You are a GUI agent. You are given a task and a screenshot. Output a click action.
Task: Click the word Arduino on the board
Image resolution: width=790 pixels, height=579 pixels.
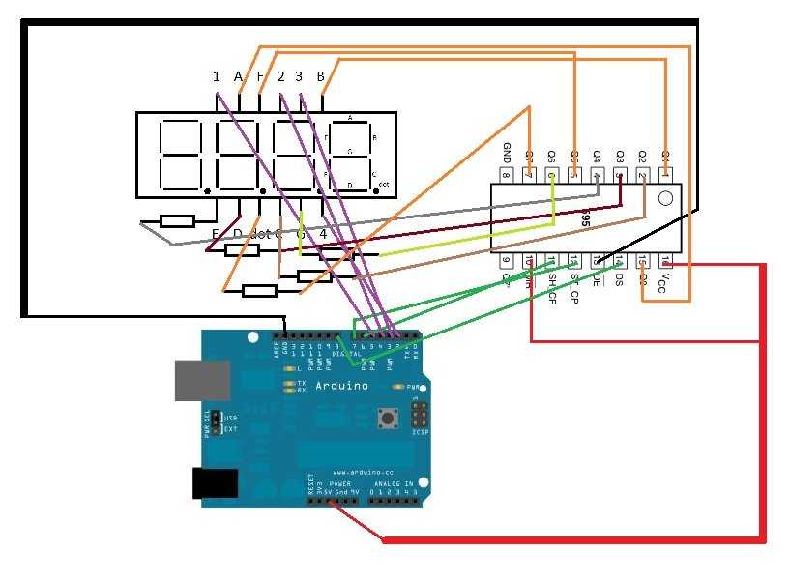pyautogui.click(x=342, y=386)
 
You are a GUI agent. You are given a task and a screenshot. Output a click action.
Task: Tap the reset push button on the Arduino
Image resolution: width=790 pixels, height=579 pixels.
pyautogui.click(x=390, y=418)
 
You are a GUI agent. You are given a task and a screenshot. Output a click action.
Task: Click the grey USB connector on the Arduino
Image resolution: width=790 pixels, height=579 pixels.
pyautogui.click(x=202, y=380)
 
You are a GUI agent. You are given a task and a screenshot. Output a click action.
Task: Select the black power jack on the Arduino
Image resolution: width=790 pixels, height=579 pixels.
pyautogui.click(x=216, y=482)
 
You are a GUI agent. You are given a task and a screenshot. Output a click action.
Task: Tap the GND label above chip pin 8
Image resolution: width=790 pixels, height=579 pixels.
pyautogui.click(x=506, y=153)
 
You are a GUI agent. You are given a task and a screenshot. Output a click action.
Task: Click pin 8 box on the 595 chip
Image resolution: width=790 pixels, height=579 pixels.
pyautogui.click(x=506, y=175)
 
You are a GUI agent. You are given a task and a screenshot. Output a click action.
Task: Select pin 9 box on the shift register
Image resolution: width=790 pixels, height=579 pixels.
pyautogui.click(x=506, y=260)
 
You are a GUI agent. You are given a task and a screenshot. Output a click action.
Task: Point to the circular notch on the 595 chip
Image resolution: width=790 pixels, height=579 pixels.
pyautogui.click(x=664, y=199)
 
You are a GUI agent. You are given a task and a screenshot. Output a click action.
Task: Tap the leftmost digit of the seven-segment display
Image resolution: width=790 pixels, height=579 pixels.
pyautogui.click(x=171, y=156)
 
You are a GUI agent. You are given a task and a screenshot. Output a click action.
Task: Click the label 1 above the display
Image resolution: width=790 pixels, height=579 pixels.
pyautogui.click(x=217, y=76)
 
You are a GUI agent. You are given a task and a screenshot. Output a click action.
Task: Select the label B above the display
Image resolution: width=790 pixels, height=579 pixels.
pyautogui.click(x=321, y=75)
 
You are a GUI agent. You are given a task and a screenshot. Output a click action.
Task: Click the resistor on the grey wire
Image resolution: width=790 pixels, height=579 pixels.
pyautogui.click(x=178, y=221)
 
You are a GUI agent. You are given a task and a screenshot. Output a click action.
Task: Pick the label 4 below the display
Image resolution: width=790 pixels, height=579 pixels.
pyautogui.click(x=323, y=234)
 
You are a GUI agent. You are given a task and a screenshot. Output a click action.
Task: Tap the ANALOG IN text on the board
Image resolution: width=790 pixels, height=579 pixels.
pyautogui.click(x=395, y=483)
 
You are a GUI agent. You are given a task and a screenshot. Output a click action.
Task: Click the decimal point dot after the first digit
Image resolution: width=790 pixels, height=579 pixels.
pyautogui.click(x=206, y=190)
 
